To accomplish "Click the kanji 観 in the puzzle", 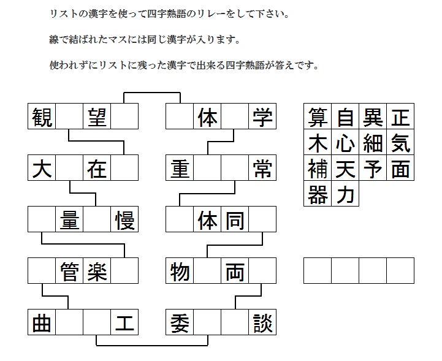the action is [42, 116].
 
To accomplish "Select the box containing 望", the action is [97, 116].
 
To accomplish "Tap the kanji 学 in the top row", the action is [262, 116].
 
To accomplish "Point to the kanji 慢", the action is [124, 219].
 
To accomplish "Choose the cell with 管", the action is [69, 270].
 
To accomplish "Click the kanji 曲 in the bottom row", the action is [42, 322].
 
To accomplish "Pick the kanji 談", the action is [262, 322].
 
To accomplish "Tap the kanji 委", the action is [180, 322].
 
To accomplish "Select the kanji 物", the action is [180, 271].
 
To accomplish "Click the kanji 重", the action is [180, 168].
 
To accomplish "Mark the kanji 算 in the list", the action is [318, 116].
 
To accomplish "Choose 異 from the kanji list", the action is [373, 116].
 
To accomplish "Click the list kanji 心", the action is [345, 142].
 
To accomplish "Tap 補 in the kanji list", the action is [318, 168].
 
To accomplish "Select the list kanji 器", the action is [318, 194].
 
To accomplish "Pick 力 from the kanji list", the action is [345, 194].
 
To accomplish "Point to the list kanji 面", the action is [400, 168].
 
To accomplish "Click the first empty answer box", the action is [318, 270].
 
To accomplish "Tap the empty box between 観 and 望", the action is [69, 116].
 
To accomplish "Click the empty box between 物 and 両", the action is [207, 270].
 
